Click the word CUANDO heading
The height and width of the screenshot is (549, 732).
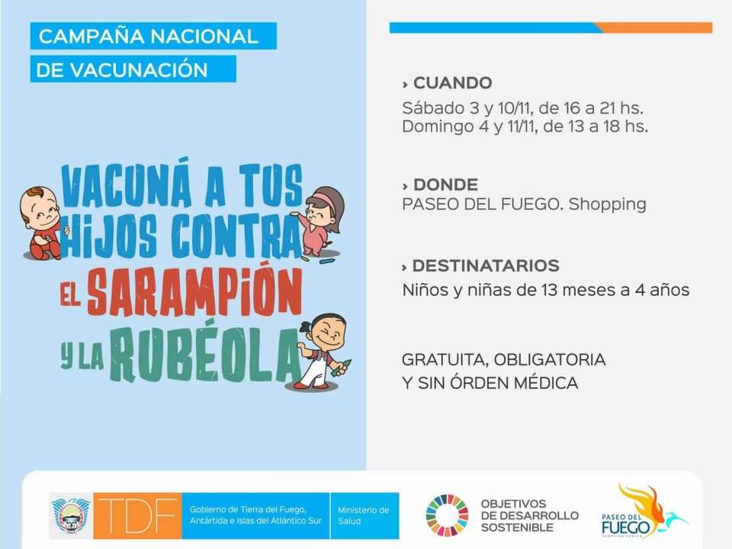point(452,83)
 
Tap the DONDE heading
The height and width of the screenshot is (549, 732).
point(445,185)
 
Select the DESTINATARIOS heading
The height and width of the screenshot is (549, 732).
point(486,265)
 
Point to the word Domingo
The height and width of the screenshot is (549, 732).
point(438,127)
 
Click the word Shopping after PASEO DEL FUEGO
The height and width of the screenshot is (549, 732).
point(608,204)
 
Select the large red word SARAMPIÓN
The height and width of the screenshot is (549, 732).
point(195,291)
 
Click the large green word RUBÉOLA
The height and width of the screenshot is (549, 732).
point(204,355)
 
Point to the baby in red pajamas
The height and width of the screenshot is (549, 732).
point(41,223)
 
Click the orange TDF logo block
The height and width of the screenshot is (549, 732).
point(137,515)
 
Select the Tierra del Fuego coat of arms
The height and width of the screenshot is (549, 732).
point(71,516)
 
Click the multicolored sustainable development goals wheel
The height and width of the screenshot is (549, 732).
point(448,515)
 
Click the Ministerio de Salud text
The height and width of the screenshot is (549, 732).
point(363,515)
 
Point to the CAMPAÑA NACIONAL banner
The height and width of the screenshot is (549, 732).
point(153,36)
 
